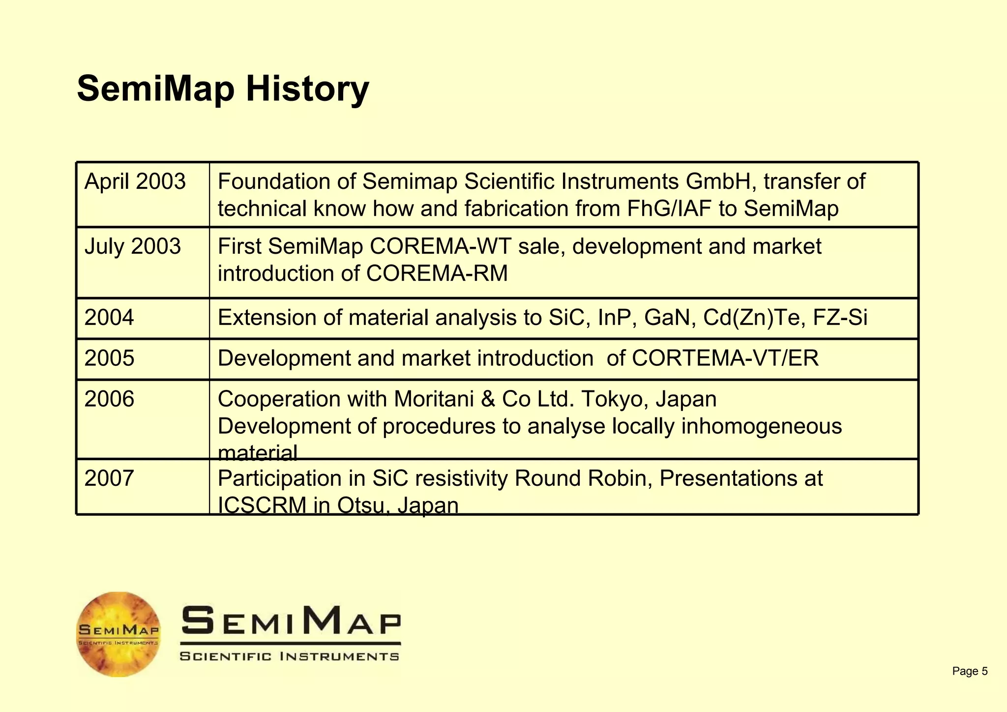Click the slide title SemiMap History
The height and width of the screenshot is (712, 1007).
[223, 89]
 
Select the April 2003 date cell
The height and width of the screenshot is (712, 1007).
[135, 181]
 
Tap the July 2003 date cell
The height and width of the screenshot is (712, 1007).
[133, 246]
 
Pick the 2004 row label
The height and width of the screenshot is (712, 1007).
[109, 318]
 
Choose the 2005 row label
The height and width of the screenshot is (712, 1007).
[109, 358]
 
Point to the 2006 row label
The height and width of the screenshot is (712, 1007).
[109, 399]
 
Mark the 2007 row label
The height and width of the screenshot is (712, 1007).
[109, 478]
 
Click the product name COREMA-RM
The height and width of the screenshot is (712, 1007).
[437, 274]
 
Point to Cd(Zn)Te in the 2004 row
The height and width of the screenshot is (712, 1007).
[754, 318]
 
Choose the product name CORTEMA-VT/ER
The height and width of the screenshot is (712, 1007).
[725, 358]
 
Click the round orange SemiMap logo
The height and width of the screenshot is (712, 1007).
[118, 634]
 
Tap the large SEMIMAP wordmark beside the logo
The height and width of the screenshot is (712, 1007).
[291, 620]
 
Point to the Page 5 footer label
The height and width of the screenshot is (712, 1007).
[970, 671]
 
